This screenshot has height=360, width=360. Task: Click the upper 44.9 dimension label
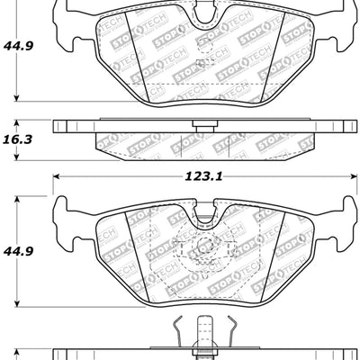(19, 42)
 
